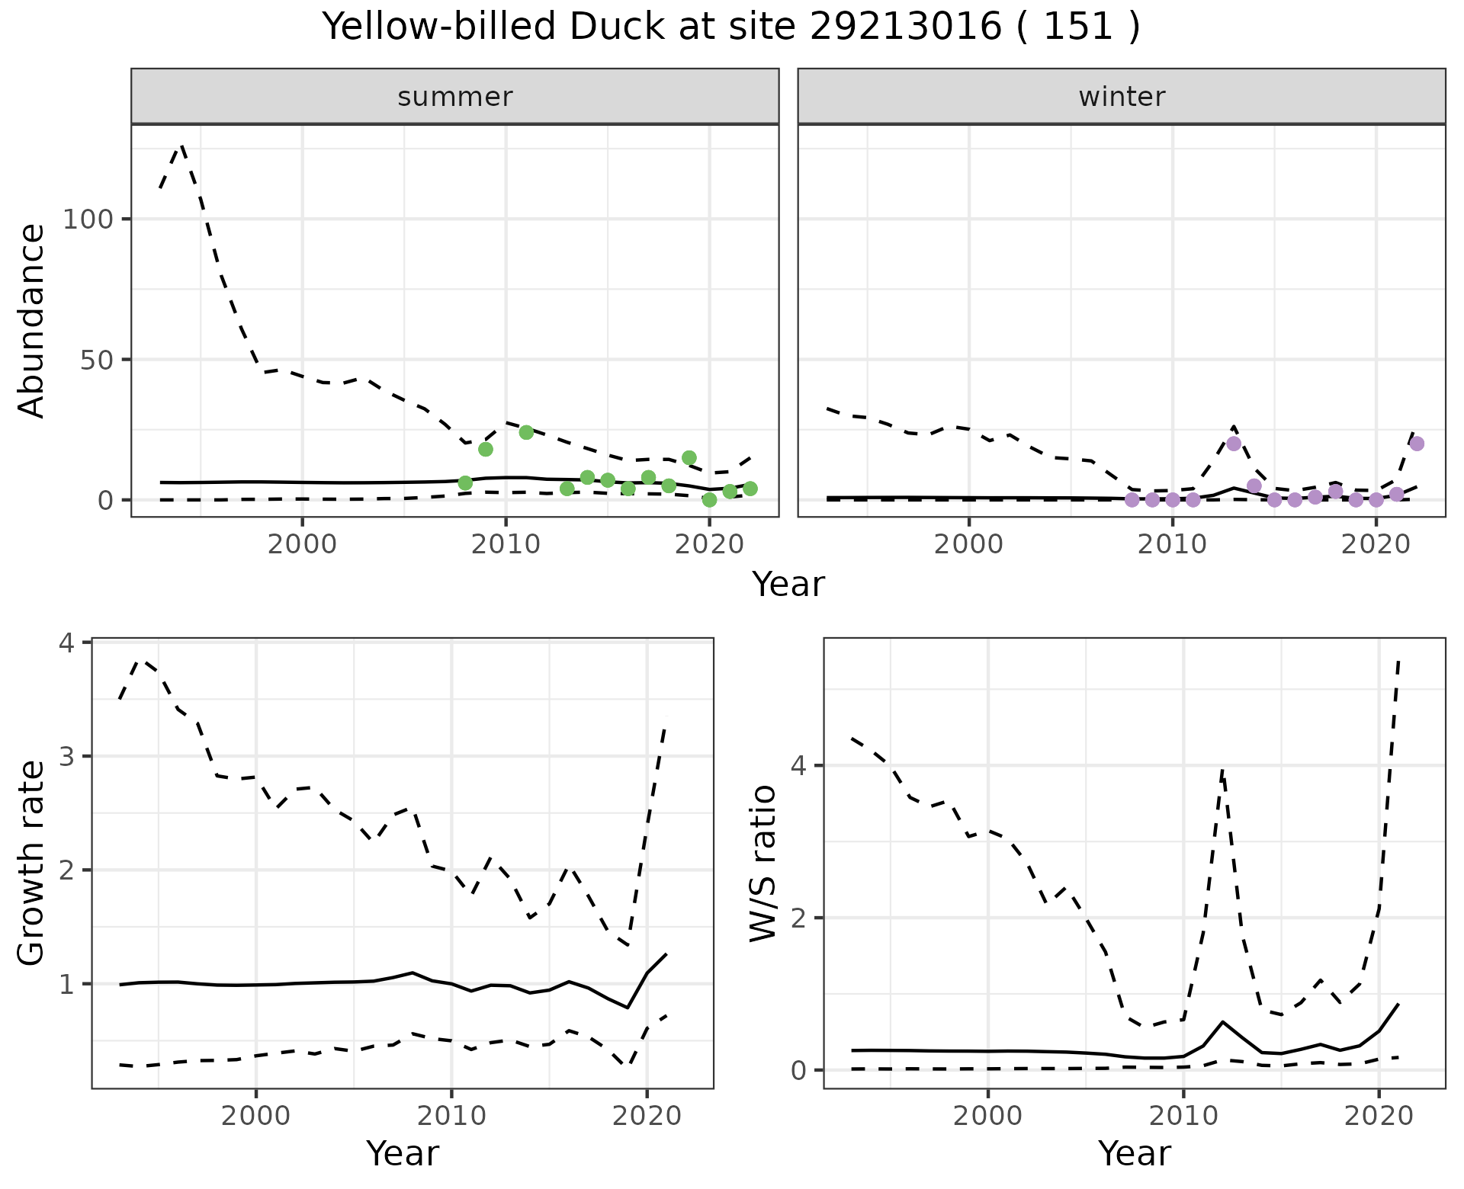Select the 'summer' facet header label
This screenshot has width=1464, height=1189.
(x=455, y=97)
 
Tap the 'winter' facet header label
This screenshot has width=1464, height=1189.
(x=1122, y=97)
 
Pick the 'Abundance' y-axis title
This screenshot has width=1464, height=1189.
(x=31, y=320)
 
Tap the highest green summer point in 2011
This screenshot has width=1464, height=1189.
(x=526, y=432)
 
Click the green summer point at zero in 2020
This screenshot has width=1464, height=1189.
(x=709, y=500)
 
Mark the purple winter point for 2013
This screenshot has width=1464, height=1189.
(x=1234, y=444)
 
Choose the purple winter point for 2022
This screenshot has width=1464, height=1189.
(x=1417, y=444)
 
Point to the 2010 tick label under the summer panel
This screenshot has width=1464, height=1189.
(x=506, y=545)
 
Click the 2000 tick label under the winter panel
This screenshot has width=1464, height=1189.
(x=969, y=545)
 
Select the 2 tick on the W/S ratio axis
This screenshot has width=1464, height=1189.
(x=798, y=918)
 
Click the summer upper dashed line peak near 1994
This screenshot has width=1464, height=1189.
(x=181, y=146)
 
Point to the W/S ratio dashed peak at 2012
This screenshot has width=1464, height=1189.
(x=1222, y=771)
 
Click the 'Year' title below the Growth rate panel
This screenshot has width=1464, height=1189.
(x=403, y=1153)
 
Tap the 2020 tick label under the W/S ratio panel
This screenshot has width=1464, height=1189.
(x=1379, y=1117)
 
